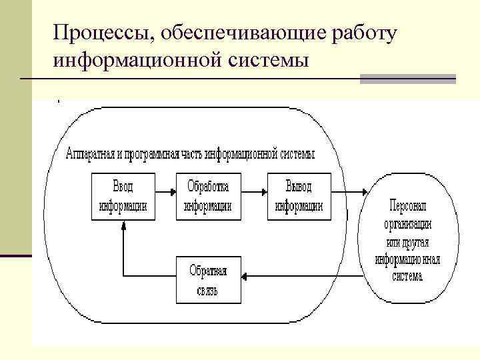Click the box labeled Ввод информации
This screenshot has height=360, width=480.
click(x=123, y=196)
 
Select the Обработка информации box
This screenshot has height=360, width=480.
click(x=208, y=196)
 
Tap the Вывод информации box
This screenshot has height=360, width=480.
click(x=299, y=196)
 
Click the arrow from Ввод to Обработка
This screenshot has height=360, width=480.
click(x=165, y=193)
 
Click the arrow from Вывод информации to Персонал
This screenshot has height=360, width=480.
click(x=349, y=193)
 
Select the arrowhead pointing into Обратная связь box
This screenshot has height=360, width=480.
click(x=245, y=275)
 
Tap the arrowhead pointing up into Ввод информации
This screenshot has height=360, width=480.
click(x=123, y=226)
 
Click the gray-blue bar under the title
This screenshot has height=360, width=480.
click(x=407, y=79)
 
